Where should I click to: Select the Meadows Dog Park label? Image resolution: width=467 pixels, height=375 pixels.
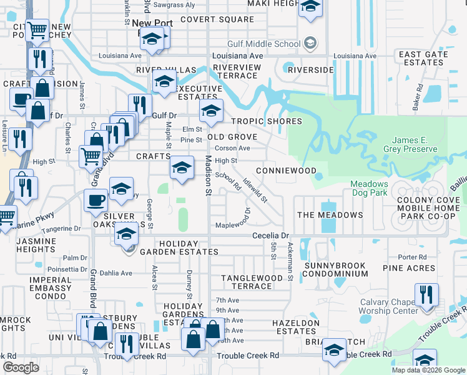(369, 189)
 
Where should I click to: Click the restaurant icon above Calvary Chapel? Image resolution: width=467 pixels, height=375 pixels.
(426, 294)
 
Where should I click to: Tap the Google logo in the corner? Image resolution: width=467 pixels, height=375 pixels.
(21, 367)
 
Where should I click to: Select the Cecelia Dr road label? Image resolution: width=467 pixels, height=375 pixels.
(272, 236)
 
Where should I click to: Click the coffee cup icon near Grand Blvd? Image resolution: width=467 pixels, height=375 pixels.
(96, 200)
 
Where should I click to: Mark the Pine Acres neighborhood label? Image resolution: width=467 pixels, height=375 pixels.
(409, 268)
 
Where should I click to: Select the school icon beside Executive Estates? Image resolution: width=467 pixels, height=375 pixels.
(164, 82)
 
